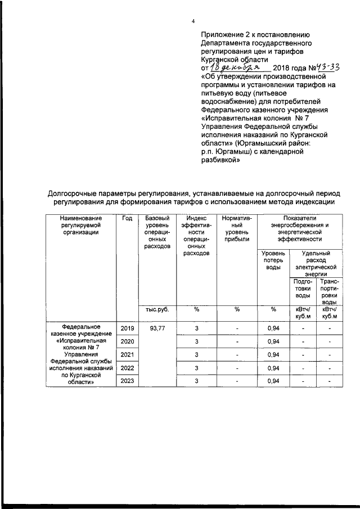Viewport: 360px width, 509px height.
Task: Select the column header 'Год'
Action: click(x=127, y=218)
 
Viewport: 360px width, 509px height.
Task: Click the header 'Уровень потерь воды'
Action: click(x=273, y=260)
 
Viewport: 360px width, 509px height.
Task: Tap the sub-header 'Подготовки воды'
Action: click(x=303, y=287)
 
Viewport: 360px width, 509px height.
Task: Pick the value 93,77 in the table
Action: click(x=157, y=328)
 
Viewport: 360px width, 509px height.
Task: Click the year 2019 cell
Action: click(x=127, y=328)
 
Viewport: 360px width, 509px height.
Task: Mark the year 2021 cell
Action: click(x=127, y=355)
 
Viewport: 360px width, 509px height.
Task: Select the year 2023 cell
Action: click(x=127, y=382)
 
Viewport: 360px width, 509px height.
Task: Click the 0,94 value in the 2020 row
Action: click(x=273, y=341)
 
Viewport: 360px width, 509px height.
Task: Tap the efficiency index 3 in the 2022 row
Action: click(x=197, y=368)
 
